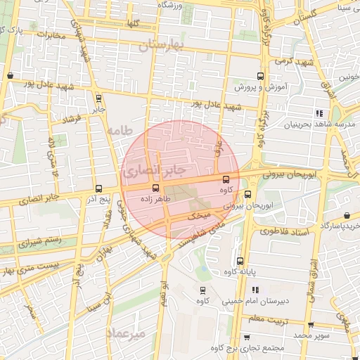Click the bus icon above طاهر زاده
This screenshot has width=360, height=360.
pos(155,188)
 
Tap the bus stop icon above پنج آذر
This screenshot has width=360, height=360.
pos(98,188)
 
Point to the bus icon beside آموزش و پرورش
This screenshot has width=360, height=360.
pos(260,77)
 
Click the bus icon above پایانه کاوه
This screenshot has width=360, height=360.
pos(240,260)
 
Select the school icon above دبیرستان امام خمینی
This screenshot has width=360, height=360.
pos(255,290)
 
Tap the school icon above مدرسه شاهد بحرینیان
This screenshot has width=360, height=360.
pos(319,112)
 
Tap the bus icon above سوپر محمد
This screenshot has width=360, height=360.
pos(311,324)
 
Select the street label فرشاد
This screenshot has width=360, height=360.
pos(73,119)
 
